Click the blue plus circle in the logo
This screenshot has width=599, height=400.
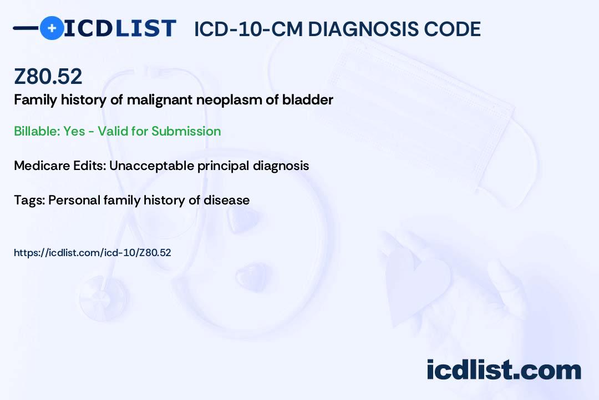(52, 28)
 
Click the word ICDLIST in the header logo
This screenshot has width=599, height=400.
(120, 28)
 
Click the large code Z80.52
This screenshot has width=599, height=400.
(48, 76)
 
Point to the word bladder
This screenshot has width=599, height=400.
(307, 100)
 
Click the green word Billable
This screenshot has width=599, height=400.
(37, 131)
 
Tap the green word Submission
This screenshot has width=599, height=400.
(186, 131)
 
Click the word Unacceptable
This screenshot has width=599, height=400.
(151, 166)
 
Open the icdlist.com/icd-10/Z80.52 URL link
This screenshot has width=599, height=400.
(93, 253)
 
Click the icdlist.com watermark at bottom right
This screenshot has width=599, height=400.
(504, 370)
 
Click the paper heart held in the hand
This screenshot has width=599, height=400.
(417, 283)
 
